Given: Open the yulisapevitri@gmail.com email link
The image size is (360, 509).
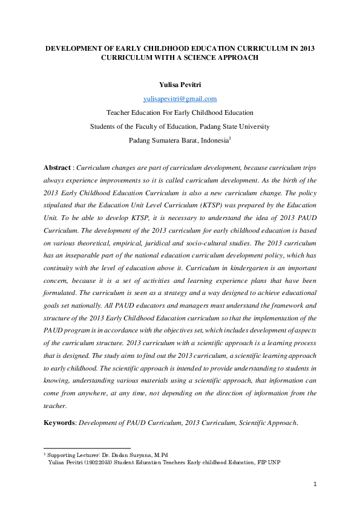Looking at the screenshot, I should click(x=180, y=99).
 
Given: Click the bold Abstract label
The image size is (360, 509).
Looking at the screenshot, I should click(x=57, y=167).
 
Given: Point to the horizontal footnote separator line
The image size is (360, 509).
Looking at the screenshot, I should click(x=87, y=448).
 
